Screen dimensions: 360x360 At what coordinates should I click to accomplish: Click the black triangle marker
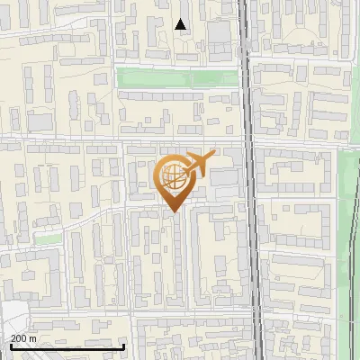pos(181,24)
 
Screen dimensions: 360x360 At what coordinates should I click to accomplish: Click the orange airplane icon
pos(201,165)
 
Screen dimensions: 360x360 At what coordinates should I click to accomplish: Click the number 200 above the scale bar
pos(19,337)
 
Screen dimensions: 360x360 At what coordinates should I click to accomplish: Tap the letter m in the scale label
pos(33,337)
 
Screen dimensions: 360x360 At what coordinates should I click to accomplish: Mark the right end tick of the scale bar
pos(123,345)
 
